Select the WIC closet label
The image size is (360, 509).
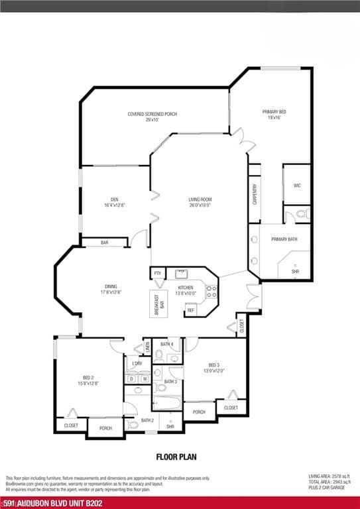coord(297,186)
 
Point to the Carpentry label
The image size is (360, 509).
coord(255,194)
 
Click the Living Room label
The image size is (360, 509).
coord(199,202)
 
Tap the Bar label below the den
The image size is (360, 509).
coord(104,243)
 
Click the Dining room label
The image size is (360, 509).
coord(111,289)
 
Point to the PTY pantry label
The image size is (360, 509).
coord(158,273)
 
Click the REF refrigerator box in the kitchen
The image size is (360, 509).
coord(190,310)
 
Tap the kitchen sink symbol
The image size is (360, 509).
coord(181,273)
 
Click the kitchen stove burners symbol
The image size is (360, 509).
coord(211,288)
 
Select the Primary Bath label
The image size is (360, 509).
coord(284,239)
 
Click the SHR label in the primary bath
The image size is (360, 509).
coord(295,271)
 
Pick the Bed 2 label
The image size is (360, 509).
coord(89,380)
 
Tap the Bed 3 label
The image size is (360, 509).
coord(213,368)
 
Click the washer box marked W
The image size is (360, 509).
coord(145,378)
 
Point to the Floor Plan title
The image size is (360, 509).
coord(176,456)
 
